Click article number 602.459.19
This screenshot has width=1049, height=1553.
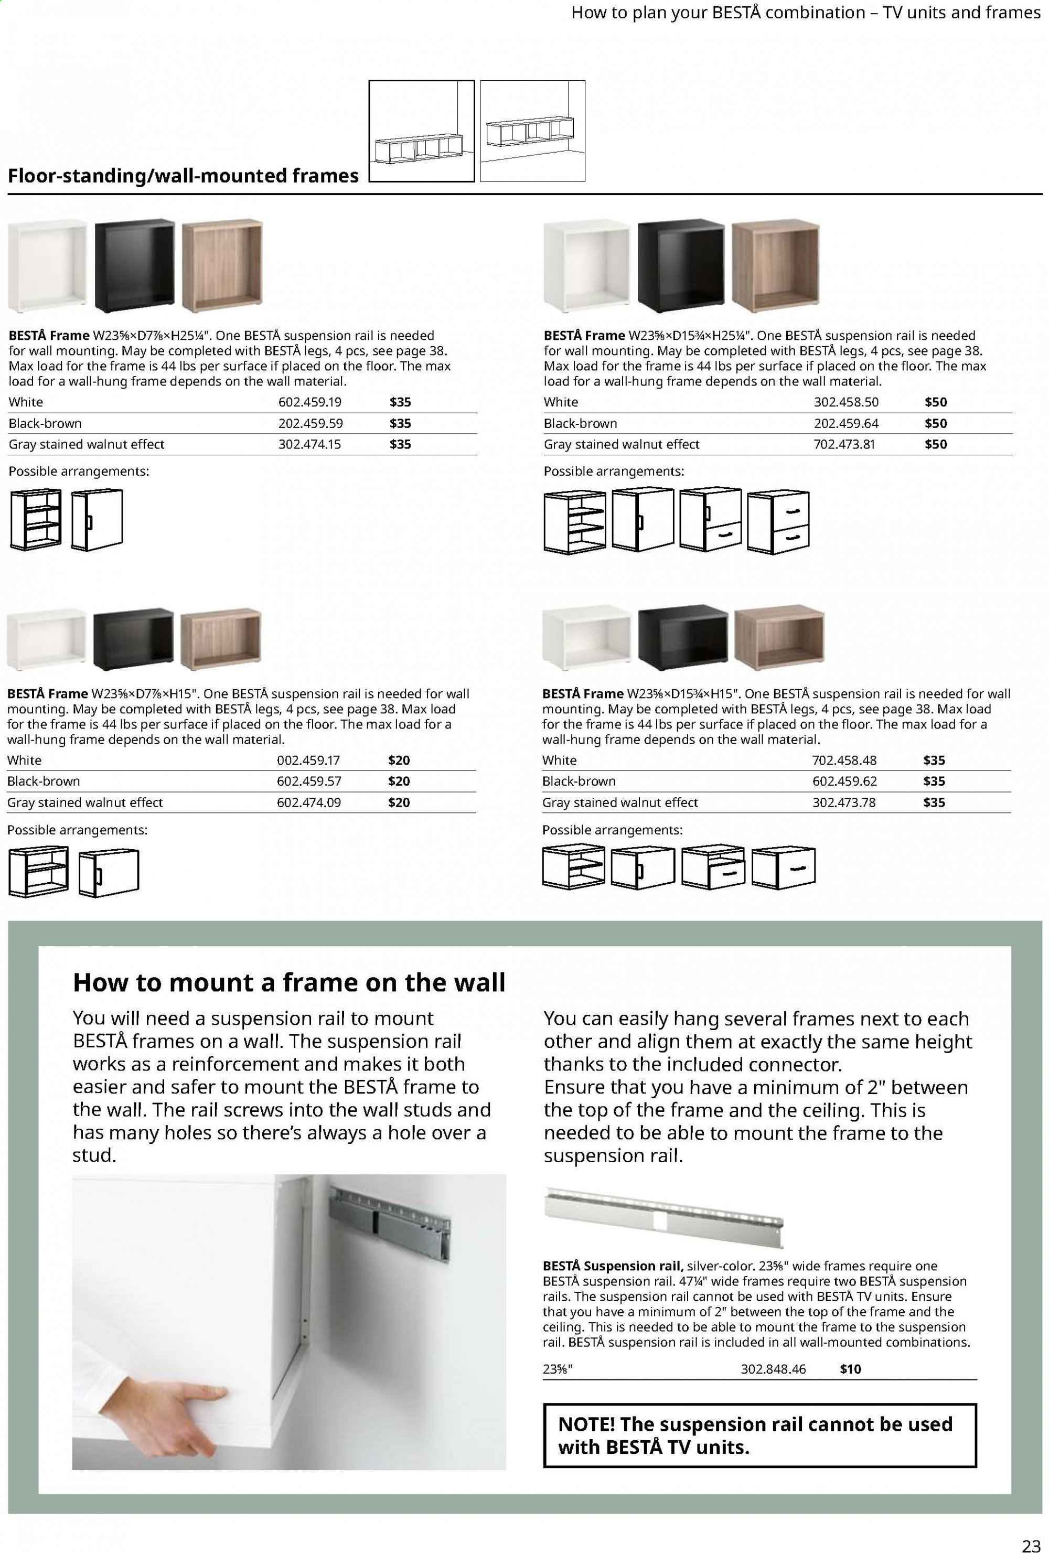(x=309, y=402)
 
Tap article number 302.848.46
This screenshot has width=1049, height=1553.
(x=773, y=1368)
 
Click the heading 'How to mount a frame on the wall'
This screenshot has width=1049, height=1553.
(x=288, y=982)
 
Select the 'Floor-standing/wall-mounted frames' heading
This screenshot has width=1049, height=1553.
(x=183, y=176)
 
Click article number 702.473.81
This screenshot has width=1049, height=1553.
(x=844, y=444)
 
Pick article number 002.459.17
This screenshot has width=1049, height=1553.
(x=308, y=760)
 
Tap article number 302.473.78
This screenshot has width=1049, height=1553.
(x=843, y=802)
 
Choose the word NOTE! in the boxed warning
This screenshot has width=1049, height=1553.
(x=585, y=1424)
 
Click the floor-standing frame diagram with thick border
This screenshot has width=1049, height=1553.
(x=422, y=131)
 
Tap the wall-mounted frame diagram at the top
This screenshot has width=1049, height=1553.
(x=532, y=131)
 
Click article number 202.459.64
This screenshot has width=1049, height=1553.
(x=846, y=423)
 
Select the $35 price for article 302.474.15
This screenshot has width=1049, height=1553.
(x=400, y=444)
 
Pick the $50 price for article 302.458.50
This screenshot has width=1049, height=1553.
(x=935, y=402)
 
